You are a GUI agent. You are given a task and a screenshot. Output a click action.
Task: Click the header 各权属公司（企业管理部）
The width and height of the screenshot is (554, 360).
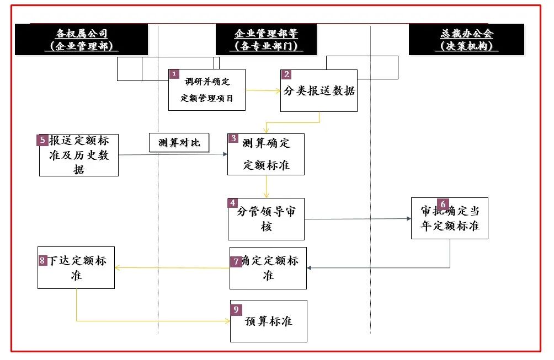pyautogui.click(x=81, y=39)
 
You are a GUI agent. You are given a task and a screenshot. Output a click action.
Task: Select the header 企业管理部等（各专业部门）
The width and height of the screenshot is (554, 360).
pyautogui.click(x=266, y=39)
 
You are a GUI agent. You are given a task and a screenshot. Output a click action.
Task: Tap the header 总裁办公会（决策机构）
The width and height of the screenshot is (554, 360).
pyautogui.click(x=467, y=39)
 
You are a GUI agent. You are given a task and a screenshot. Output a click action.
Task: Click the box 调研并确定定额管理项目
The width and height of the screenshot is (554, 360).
pyautogui.click(x=207, y=90)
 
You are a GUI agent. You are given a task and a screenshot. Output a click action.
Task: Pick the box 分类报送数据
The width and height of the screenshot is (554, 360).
pyautogui.click(x=319, y=91)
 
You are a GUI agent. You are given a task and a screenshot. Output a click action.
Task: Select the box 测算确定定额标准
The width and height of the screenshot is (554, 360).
pyautogui.click(x=266, y=154)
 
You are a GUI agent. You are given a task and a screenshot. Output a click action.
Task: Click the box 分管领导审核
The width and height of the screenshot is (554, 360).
pyautogui.click(x=266, y=219)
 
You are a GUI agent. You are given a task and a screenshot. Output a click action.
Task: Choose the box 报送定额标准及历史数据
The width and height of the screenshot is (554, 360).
pyautogui.click(x=79, y=155)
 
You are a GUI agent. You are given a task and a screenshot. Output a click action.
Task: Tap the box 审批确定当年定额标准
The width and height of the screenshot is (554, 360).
pyautogui.click(x=450, y=219)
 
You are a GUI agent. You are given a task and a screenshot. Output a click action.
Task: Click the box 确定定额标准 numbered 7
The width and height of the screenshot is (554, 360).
pyautogui.click(x=268, y=268)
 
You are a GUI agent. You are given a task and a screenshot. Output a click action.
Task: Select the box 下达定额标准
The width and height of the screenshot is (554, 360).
pyautogui.click(x=76, y=267)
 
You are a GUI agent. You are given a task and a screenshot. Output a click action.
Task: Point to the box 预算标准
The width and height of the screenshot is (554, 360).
pyautogui.click(x=268, y=321)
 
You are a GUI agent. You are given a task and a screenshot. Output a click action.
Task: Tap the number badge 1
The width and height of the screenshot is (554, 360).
pyautogui.click(x=174, y=74)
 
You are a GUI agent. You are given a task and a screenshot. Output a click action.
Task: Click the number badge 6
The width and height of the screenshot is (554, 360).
pyautogui.click(x=443, y=203)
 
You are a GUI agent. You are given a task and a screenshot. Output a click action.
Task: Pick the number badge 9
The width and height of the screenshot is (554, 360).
pyautogui.click(x=236, y=309)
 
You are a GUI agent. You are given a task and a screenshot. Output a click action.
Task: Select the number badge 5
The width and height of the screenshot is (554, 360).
pyautogui.click(x=43, y=140)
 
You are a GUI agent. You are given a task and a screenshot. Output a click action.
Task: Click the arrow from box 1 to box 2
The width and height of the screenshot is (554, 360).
pyautogui.click(x=263, y=90)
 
